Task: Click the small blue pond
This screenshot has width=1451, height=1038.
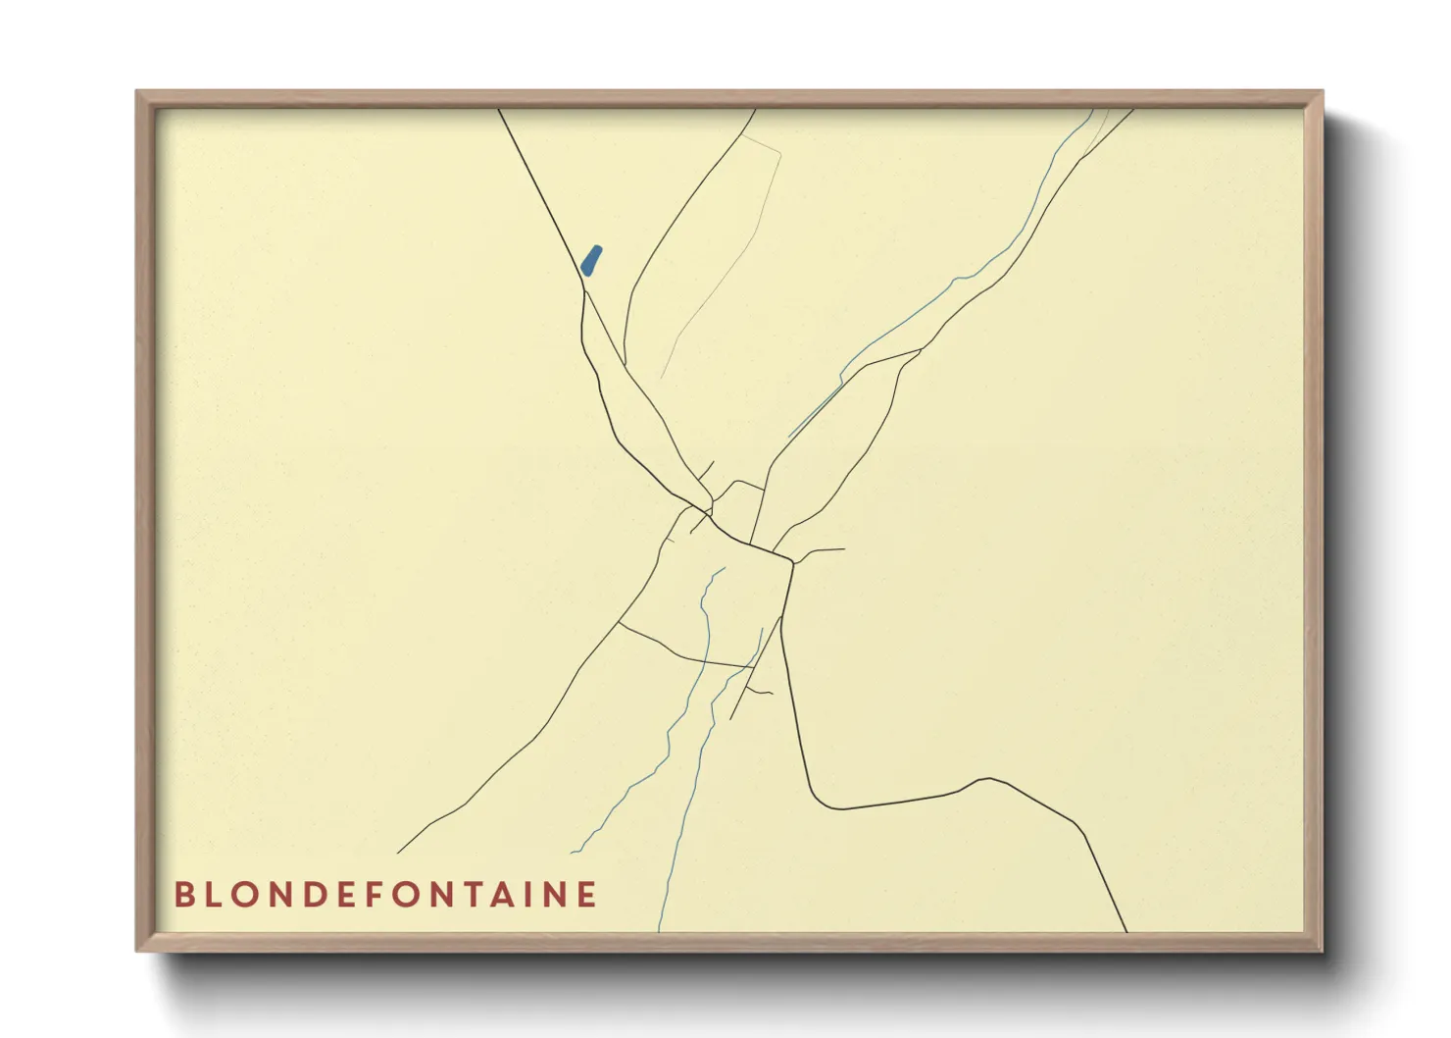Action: [x=591, y=260]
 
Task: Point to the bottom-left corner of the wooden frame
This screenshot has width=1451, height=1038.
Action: [x=138, y=949]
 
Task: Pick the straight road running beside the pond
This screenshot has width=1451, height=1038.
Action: [x=549, y=196]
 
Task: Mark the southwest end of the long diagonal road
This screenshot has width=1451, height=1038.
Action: [x=399, y=853]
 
